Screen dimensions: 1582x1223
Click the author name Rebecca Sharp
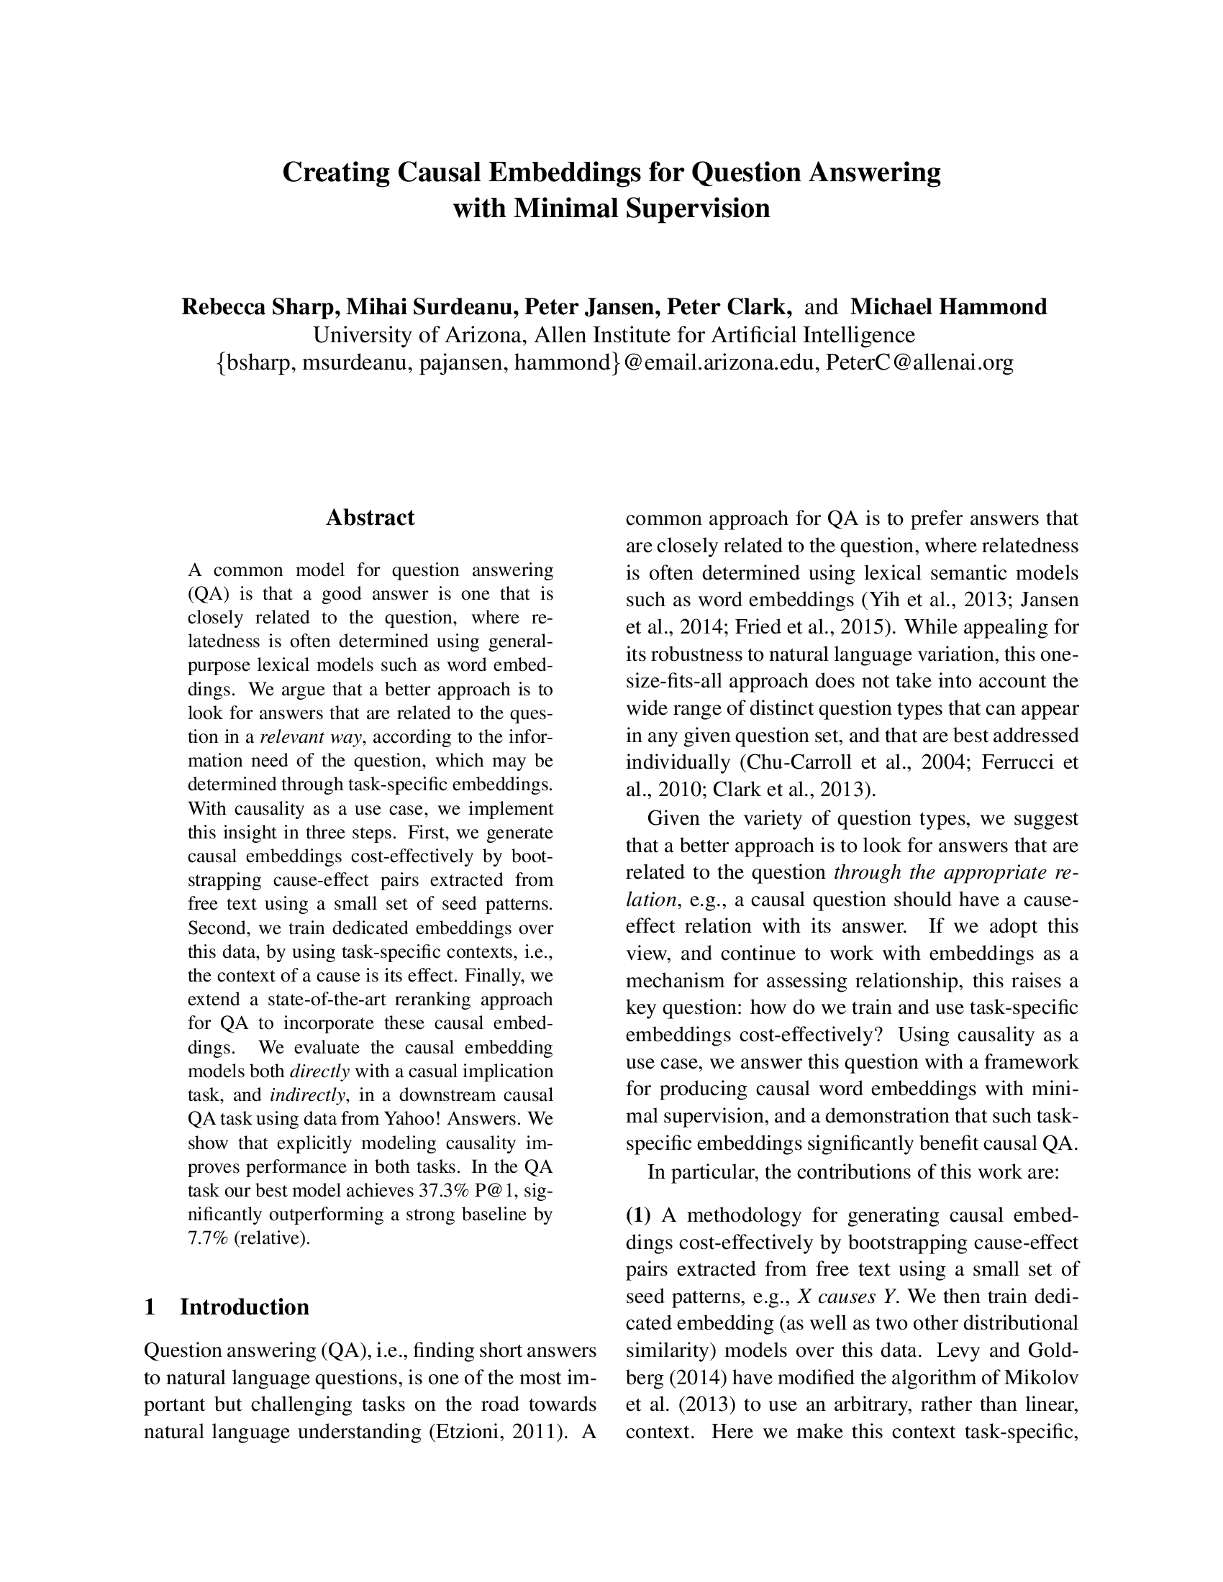(260, 307)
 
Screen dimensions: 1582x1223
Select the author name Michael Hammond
(948, 307)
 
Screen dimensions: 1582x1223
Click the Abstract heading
(370, 517)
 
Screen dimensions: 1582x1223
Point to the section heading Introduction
(244, 1307)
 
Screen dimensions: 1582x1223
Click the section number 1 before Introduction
(150, 1307)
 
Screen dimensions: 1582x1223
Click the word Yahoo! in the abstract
(411, 1118)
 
